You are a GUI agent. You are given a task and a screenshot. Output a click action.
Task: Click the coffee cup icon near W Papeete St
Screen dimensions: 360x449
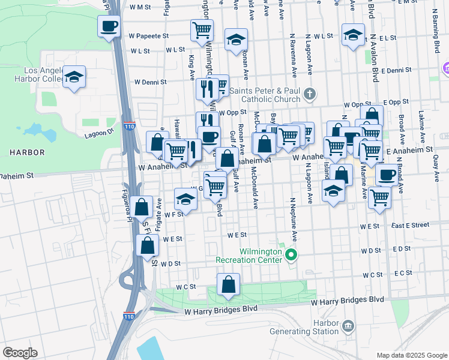click(109, 26)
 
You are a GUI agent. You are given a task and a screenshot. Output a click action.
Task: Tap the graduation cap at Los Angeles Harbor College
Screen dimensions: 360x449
click(74, 77)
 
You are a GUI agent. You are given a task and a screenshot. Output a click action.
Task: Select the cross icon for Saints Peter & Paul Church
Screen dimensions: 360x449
click(309, 94)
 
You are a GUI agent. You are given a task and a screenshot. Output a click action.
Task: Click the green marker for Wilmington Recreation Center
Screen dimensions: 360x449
click(292, 256)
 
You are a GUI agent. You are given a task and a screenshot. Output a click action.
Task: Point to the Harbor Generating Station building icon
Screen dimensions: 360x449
click(348, 326)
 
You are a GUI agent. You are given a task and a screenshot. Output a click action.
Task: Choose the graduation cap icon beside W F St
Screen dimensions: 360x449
click(186, 199)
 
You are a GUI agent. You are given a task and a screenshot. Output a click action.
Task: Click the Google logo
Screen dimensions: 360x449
click(20, 353)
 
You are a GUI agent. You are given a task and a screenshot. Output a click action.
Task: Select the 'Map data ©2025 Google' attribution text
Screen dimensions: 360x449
click(412, 355)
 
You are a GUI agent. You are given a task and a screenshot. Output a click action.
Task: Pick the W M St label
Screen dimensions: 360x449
click(140, 7)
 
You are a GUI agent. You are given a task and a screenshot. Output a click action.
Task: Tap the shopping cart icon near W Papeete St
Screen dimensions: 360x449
click(202, 31)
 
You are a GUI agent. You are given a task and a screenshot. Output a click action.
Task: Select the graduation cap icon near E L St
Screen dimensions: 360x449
click(353, 34)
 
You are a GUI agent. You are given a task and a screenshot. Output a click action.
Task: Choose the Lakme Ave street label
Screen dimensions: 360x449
click(421, 131)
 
